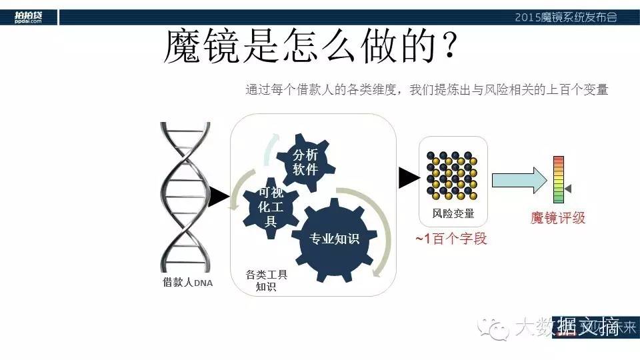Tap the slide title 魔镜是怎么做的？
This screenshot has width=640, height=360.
[x=310, y=47]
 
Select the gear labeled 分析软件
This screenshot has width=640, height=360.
[x=305, y=161]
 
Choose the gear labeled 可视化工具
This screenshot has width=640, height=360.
[x=271, y=206]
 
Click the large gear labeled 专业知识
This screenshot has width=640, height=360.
[x=333, y=238]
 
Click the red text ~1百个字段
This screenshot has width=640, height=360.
[x=451, y=238]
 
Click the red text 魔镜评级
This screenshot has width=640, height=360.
[x=558, y=218]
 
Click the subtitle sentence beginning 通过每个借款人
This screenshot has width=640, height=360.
[x=427, y=89]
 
